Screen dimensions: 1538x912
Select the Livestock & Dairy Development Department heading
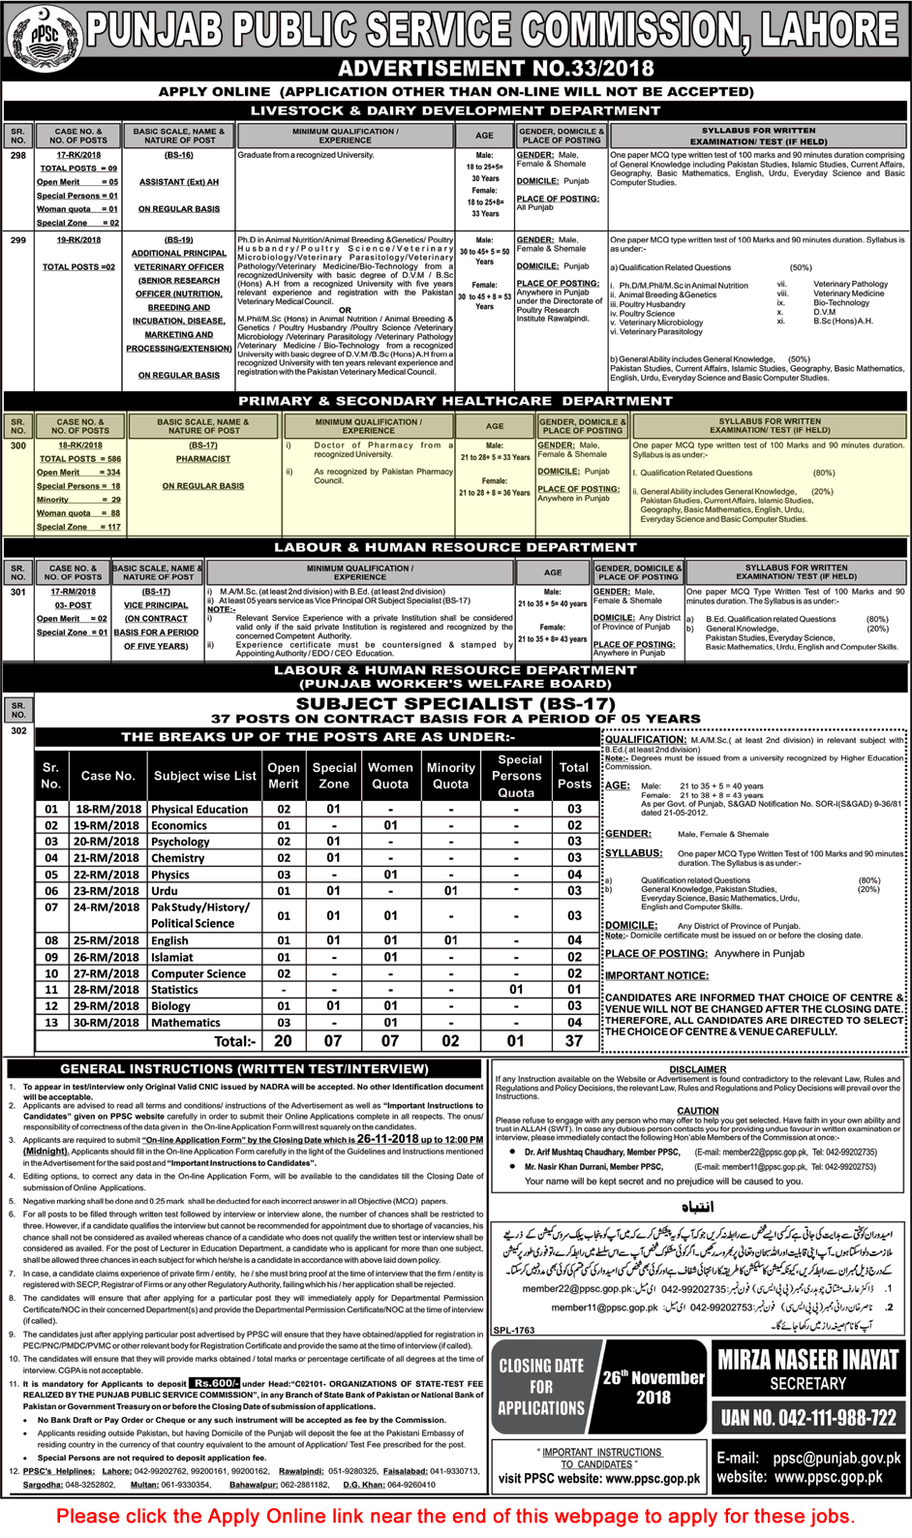(x=455, y=110)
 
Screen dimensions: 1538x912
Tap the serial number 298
(x=18, y=155)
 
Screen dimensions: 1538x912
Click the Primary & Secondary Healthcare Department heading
(x=455, y=401)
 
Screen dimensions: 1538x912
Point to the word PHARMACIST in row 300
(x=203, y=459)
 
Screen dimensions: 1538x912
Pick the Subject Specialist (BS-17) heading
(x=455, y=704)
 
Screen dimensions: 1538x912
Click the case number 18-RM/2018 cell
(x=107, y=810)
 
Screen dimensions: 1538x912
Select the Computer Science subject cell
(x=198, y=973)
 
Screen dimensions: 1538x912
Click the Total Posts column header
(x=574, y=775)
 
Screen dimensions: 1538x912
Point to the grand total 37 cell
(x=574, y=1041)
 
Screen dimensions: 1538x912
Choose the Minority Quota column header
(x=450, y=775)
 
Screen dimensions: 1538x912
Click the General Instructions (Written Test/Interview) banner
(x=244, y=1069)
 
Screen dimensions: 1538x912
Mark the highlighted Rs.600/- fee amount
(x=214, y=1384)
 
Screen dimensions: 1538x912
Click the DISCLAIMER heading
(x=697, y=1069)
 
